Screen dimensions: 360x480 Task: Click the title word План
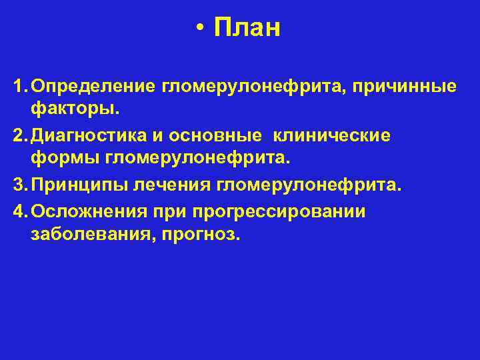coord(247,29)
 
